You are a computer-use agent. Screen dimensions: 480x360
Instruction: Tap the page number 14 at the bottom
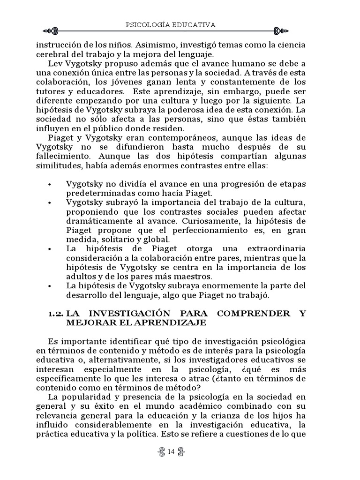click(x=170, y=451)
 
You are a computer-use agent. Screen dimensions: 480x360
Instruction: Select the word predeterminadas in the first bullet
click(x=94, y=193)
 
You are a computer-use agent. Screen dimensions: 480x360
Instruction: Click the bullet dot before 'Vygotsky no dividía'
click(x=50, y=184)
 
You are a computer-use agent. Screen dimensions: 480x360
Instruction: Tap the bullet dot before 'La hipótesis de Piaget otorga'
click(x=50, y=249)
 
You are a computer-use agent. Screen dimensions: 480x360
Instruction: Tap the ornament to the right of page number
click(x=181, y=451)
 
